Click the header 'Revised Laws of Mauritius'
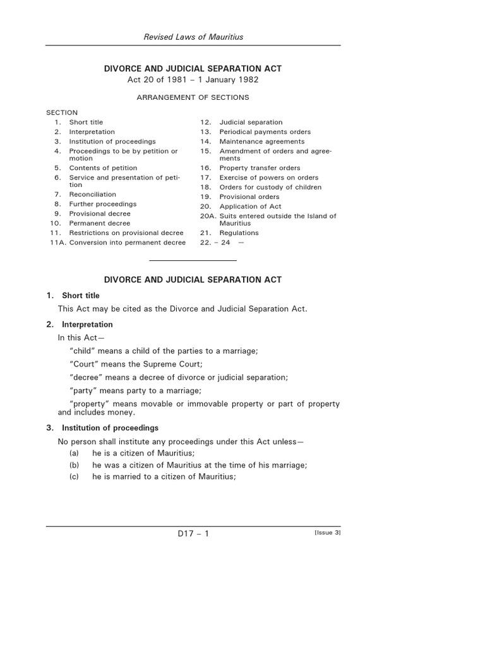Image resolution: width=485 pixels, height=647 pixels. [193, 37]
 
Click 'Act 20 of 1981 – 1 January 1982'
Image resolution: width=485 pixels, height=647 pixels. [193, 80]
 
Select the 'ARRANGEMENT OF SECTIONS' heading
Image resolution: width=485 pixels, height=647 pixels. [193, 97]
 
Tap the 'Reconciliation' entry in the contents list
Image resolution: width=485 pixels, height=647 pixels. [93, 195]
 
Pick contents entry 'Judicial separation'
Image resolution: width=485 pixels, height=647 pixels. [251, 122]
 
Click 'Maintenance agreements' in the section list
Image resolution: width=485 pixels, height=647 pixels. [261, 142]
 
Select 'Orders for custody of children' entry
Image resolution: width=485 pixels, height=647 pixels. [270, 187]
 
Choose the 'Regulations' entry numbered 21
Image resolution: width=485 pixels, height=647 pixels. [239, 233]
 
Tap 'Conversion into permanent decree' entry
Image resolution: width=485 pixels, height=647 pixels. [127, 243]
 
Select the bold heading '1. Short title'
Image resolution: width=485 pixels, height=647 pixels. [73, 296]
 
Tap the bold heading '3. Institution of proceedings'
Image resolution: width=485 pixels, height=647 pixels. [102, 428]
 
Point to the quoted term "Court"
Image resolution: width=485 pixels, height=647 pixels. [82, 364]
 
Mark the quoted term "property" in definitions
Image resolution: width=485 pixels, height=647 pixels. [89, 404]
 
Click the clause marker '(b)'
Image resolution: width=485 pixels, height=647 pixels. [75, 465]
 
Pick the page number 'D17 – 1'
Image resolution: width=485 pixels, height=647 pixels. [193, 534]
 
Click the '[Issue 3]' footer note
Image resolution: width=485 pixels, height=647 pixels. [327, 533]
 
